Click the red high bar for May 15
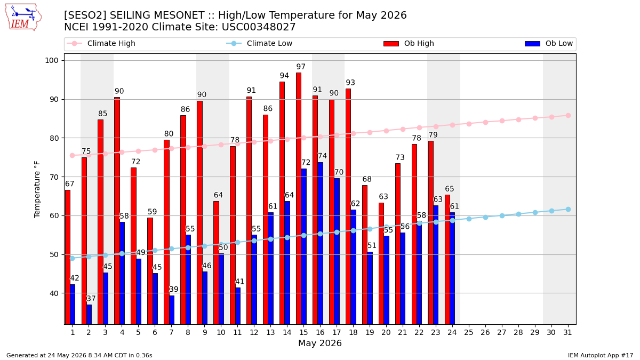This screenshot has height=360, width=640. pos(299,198)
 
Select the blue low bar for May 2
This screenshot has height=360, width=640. pos(89,314)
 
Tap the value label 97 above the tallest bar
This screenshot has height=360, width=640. pos(301,67)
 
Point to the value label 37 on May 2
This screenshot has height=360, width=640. pos(91,299)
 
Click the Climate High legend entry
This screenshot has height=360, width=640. pos(101,43)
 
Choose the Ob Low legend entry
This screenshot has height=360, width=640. pos(549,43)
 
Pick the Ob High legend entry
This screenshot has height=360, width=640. pos(409,43)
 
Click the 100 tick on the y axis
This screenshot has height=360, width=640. pos(51,61)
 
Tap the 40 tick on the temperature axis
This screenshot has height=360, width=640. pos(54,293)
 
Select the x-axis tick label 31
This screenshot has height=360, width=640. pos(567,333)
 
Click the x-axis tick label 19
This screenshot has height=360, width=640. pos(370,333)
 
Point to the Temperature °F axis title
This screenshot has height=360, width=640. pos(37,190)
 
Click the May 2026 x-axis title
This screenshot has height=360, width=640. pos(320,343)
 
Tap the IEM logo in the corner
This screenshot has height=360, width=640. pos(23,18)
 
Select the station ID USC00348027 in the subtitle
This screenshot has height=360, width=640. pos(259,27)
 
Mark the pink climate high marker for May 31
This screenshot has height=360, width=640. pos(569,115)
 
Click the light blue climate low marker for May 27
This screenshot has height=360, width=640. pos(502,215)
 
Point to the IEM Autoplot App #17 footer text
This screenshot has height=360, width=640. pos(601,355)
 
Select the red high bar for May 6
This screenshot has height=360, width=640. pos(150,271)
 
